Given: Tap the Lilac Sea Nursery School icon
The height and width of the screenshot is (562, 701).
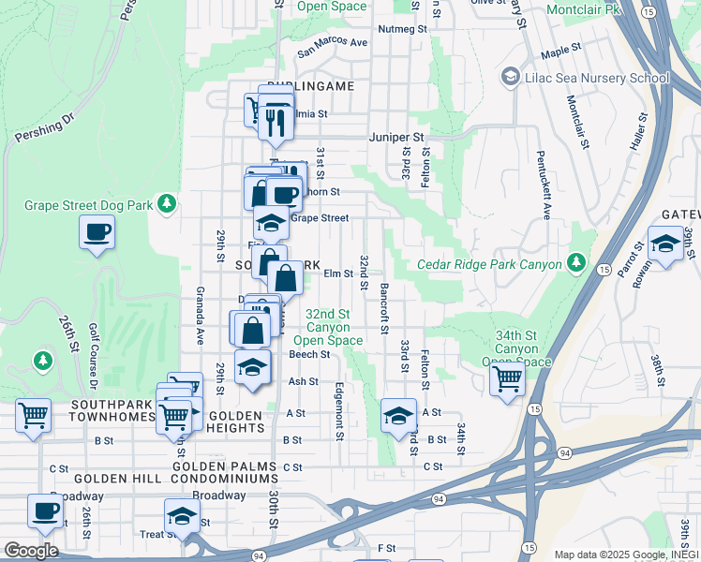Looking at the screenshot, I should tap(512, 75).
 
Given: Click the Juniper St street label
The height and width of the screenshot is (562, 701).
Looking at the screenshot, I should tap(397, 136).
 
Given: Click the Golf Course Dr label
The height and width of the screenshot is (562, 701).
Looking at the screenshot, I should tap(93, 356).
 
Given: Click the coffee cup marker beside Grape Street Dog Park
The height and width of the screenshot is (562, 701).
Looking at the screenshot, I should tap(97, 231).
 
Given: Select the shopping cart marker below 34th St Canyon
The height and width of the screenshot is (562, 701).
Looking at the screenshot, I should tap(507, 379).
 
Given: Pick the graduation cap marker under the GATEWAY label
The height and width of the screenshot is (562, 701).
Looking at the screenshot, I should tap(665, 244).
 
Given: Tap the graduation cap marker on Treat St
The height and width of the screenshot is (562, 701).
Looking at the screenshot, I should tap(182, 516).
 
